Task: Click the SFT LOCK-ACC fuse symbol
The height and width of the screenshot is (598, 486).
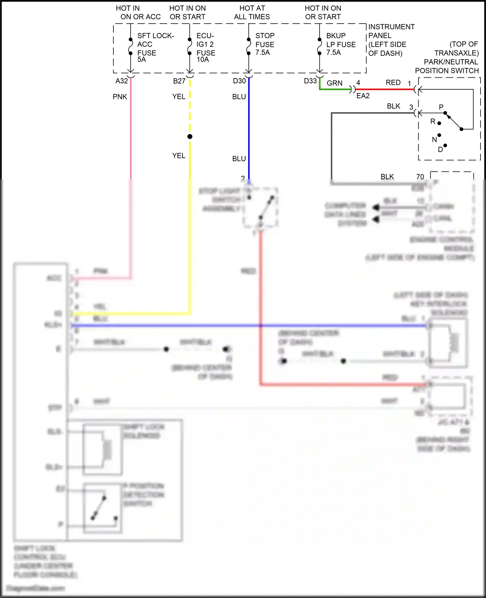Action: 131,46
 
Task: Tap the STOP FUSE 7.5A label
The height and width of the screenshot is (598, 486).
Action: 265,44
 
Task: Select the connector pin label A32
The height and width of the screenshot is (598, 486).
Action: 121,81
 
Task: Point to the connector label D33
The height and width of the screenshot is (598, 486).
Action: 310,81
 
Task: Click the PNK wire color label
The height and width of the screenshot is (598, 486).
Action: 120,97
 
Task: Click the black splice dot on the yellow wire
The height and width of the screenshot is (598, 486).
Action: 190,137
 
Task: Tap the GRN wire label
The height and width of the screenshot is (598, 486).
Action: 334,83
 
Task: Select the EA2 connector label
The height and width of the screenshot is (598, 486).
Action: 363,96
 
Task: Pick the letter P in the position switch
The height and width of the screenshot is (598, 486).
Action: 441,107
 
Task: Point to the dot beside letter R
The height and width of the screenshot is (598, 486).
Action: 439,123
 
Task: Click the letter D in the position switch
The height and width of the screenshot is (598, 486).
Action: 440,150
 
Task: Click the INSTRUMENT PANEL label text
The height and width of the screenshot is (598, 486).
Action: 391,31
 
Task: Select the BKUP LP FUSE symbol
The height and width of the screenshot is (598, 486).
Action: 319,46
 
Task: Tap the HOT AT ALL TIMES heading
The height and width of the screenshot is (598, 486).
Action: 252,12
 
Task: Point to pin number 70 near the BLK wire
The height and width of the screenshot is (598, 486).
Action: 420,177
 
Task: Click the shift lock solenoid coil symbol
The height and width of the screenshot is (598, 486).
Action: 107,449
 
